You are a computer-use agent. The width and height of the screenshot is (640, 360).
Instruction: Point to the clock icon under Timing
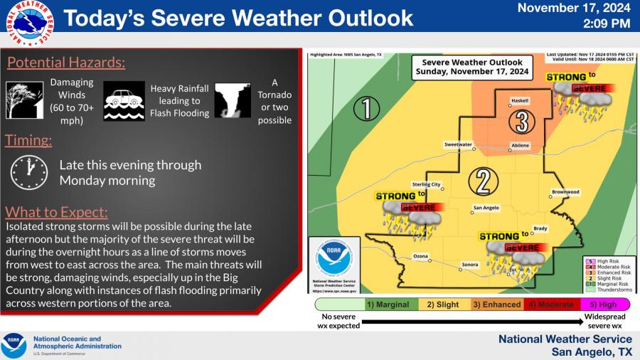[28, 171]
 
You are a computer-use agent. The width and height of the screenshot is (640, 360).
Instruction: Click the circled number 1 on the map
[366, 109]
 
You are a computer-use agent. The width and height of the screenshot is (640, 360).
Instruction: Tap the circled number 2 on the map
[484, 181]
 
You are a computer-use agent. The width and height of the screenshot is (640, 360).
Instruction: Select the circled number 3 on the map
[522, 122]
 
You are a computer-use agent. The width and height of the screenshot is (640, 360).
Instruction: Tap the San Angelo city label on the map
[486, 208]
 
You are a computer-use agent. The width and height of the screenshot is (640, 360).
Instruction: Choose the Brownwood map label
[565, 192]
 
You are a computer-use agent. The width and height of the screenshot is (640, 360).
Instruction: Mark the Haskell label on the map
[520, 101]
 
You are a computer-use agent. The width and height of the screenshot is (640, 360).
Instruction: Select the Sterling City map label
[427, 185]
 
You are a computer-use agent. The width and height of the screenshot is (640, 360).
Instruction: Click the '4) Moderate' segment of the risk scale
[550, 305]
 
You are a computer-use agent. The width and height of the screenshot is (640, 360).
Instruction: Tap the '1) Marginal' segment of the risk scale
[388, 305]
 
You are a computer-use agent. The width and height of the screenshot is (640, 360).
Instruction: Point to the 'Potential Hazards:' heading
[66, 63]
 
